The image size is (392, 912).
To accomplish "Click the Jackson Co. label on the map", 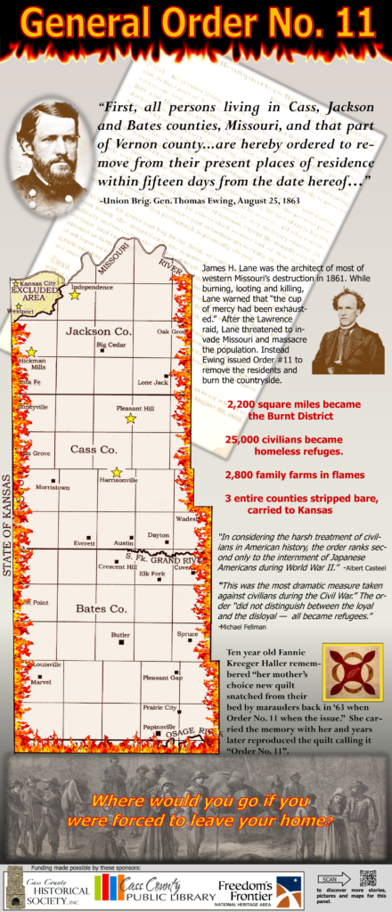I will pyautogui.click(x=98, y=330).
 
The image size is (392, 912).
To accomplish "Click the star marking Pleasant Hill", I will pyautogui.click(x=130, y=418).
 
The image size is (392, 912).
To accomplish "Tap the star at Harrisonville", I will pyautogui.click(x=116, y=472).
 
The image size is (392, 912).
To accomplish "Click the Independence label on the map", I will pyautogui.click(x=92, y=288).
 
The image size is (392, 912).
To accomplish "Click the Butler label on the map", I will pyautogui.click(x=120, y=634).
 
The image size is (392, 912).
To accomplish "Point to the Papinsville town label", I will pyautogui.click(x=159, y=726).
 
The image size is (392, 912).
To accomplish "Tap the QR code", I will pyautogui.click(x=368, y=878).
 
